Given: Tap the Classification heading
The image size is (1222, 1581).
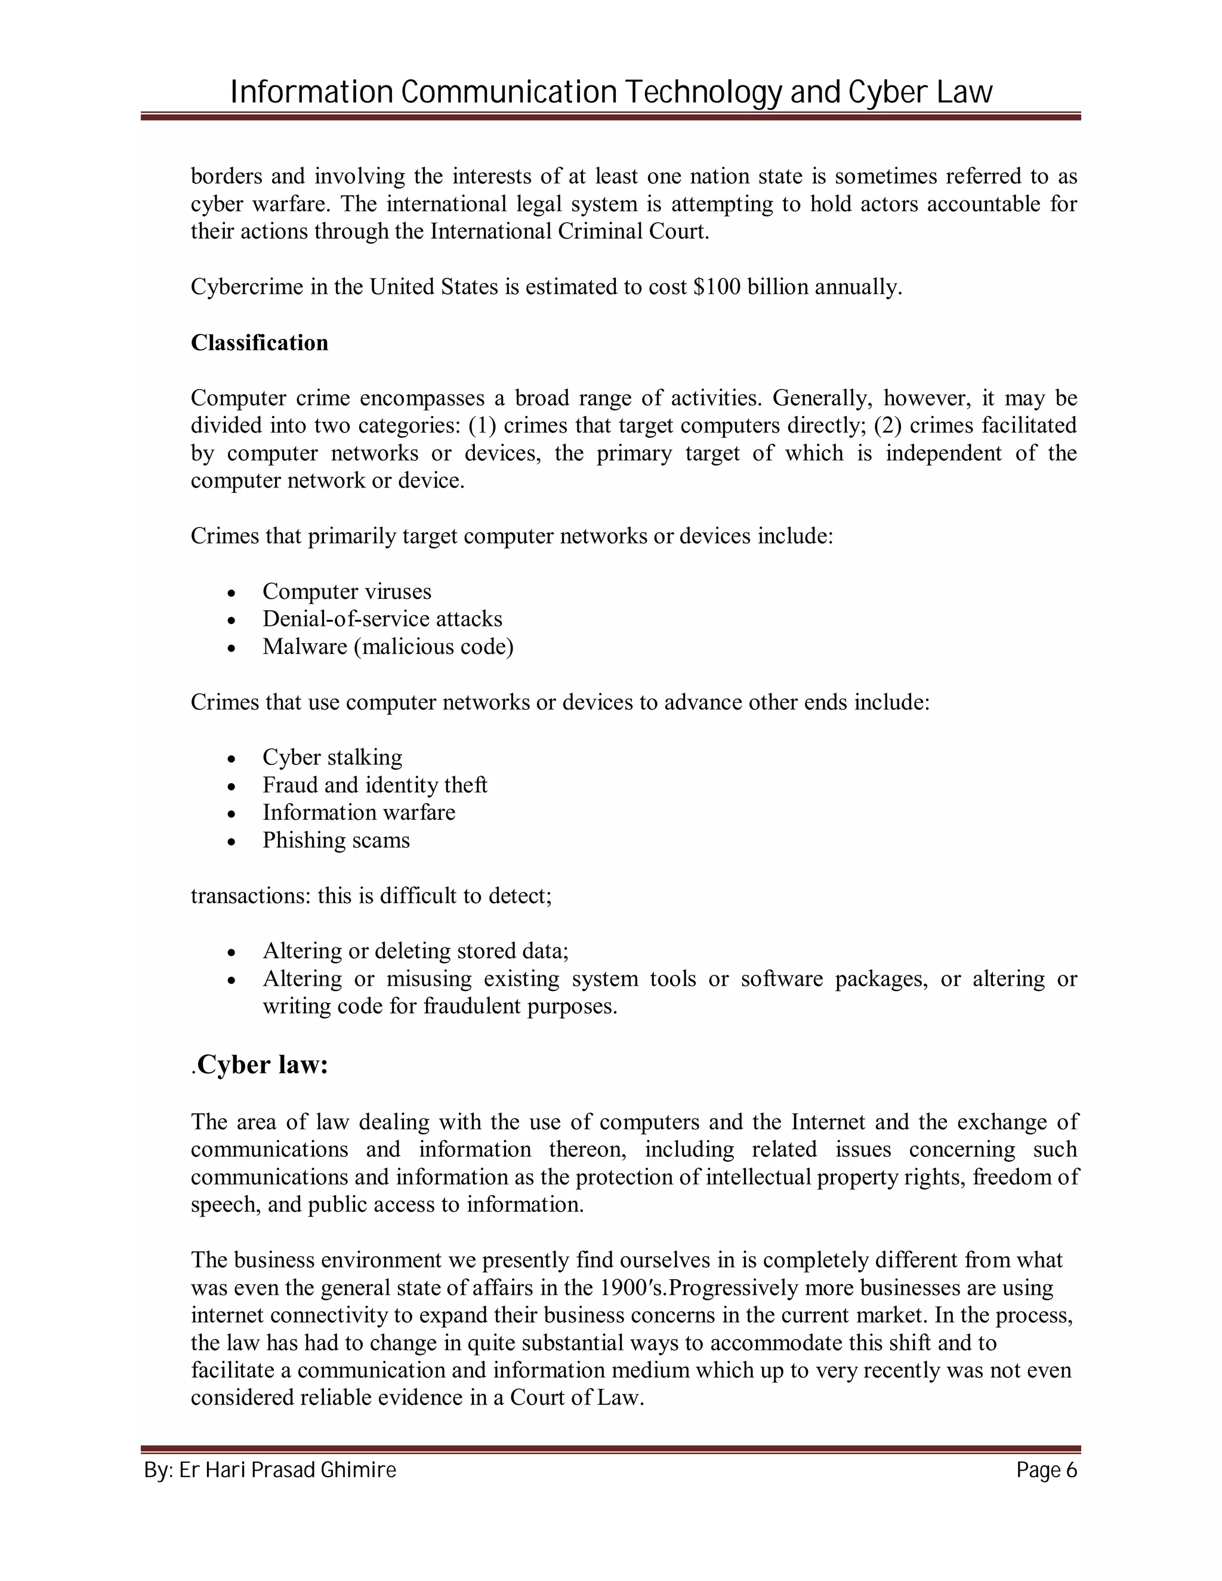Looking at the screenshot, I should (259, 342).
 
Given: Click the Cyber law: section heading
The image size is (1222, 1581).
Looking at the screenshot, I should (262, 1065).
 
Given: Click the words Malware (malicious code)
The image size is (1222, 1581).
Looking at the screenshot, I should (387, 647).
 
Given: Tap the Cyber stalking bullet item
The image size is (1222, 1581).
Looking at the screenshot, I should (332, 757).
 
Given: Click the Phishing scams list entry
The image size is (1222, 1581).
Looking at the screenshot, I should (336, 841).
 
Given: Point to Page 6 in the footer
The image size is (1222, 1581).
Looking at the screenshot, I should (1046, 1471).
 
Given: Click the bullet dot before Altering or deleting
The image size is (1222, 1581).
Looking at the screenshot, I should (231, 952).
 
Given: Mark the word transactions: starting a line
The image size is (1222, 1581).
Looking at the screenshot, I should (251, 896).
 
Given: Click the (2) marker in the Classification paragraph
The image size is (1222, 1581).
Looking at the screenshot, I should (887, 425).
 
